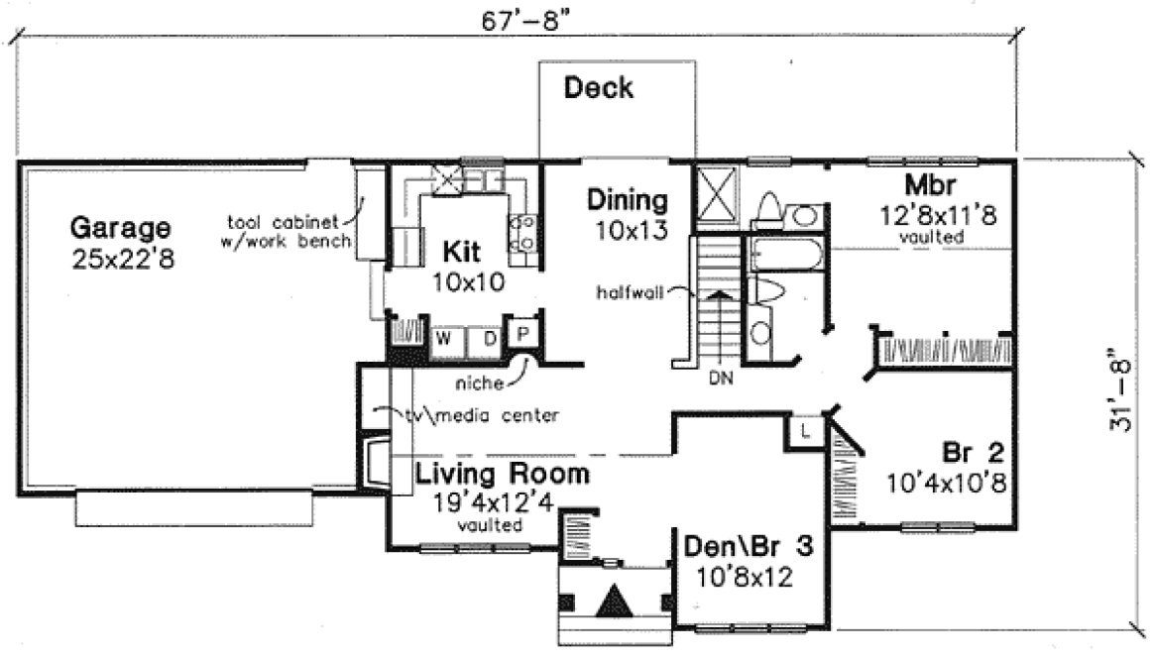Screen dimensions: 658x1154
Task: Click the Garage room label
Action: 120,229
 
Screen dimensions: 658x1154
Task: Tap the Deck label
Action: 598,89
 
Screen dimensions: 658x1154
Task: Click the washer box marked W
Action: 446,338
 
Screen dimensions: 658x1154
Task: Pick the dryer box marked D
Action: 489,338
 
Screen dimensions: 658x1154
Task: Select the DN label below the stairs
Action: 720,378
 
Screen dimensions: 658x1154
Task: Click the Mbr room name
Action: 929,186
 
